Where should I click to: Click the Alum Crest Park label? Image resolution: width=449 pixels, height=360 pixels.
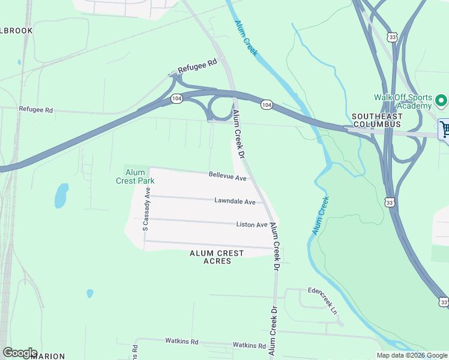135,176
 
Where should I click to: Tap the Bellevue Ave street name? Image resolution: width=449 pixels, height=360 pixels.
228,178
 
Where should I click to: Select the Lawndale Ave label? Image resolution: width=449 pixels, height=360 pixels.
235,202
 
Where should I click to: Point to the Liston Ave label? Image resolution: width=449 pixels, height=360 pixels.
252,224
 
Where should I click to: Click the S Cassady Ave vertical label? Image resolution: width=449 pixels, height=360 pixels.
146,208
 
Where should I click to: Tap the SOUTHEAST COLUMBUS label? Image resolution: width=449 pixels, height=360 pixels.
376,120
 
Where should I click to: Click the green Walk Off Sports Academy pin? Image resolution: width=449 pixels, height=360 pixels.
441,100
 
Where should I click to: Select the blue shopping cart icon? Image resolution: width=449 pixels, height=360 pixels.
445,129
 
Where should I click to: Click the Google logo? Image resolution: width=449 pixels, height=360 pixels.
19,353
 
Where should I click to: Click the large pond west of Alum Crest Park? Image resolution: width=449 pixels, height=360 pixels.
61,196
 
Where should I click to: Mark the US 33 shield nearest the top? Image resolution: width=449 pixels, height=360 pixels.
391,37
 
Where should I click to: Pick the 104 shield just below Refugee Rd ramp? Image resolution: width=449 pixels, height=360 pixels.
176,98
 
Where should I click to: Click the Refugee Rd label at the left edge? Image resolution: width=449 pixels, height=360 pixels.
36,110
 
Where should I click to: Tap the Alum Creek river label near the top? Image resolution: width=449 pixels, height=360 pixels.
246,40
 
